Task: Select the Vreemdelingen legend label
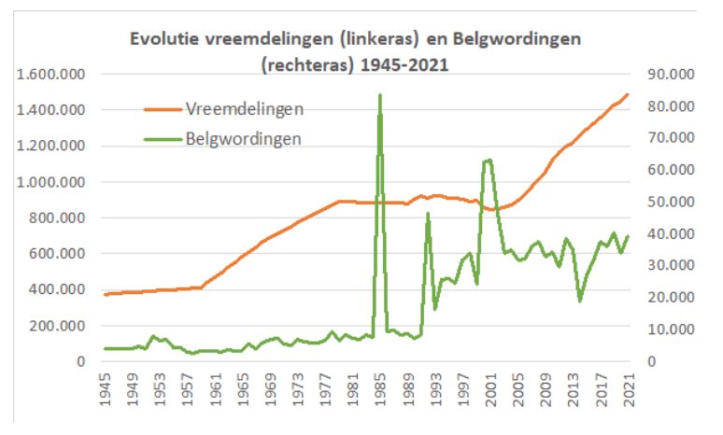pyautogui.click(x=245, y=109)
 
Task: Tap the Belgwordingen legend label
pyautogui.click(x=244, y=139)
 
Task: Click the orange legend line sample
pyautogui.click(x=163, y=109)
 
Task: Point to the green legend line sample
pyautogui.click(x=163, y=139)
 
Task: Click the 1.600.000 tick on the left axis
pyautogui.click(x=50, y=74)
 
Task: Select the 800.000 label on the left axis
pyautogui.click(x=57, y=217)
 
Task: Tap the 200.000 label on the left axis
pyautogui.click(x=57, y=326)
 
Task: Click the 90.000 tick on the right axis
pyautogui.click(x=671, y=74)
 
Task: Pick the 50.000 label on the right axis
pyautogui.click(x=671, y=202)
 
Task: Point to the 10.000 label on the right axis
pyautogui.click(x=671, y=329)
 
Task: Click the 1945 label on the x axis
pyautogui.click(x=106, y=389)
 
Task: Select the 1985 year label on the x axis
pyautogui.click(x=381, y=389)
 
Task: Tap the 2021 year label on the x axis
pyautogui.click(x=629, y=389)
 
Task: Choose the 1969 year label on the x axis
pyautogui.click(x=271, y=389)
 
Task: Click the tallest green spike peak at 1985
pyautogui.click(x=380, y=95)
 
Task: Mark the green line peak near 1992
pyautogui.click(x=428, y=214)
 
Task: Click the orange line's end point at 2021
pyautogui.click(x=628, y=94)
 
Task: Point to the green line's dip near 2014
pyautogui.click(x=580, y=301)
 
